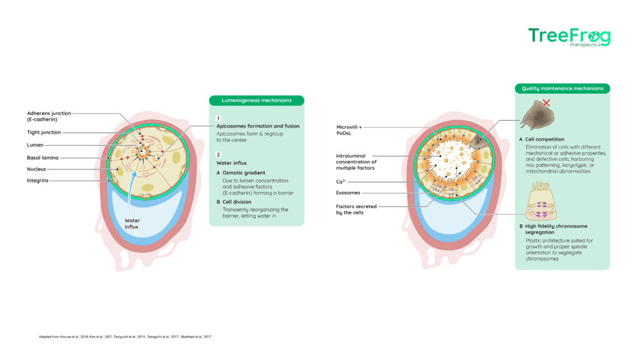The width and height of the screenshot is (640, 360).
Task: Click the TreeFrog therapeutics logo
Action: coord(569,37)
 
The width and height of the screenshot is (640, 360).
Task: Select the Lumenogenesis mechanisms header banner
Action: coord(256,101)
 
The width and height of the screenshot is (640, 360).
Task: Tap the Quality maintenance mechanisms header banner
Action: coord(562,89)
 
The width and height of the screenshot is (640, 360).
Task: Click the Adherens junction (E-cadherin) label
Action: coord(49,116)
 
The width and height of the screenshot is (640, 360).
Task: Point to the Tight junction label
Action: coord(44,132)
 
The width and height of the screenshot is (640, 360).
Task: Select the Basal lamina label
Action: coord(42,157)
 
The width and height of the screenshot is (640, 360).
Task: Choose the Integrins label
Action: coord(37,181)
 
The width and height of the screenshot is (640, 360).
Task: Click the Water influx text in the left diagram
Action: coord(132,224)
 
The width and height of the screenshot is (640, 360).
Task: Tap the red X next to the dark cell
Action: coord(546,103)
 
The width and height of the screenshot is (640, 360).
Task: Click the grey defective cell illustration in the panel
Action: coord(537,116)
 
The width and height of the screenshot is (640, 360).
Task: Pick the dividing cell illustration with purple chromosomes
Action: coord(541,201)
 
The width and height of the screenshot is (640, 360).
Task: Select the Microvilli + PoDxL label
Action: coord(349,130)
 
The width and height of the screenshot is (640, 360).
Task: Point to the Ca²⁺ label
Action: coord(341,182)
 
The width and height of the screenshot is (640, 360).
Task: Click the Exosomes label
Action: coord(347,192)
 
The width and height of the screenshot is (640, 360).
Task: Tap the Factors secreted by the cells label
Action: coord(356,209)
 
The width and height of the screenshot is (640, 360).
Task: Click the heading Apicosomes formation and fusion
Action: coord(257,126)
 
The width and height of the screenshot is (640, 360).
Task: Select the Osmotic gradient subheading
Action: coord(244,172)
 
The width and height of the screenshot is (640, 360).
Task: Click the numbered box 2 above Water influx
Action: coord(218,155)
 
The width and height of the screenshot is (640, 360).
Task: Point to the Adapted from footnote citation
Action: coord(125,337)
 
